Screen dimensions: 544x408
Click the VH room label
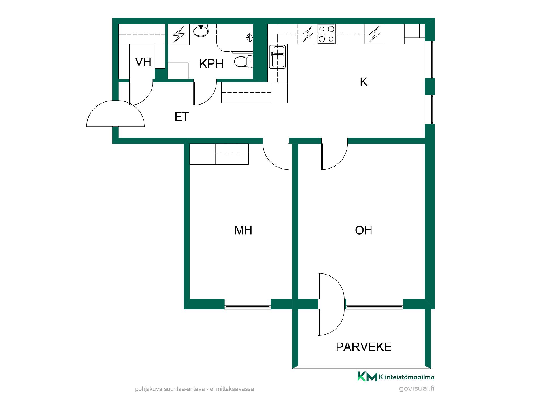143,62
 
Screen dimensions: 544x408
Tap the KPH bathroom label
211,64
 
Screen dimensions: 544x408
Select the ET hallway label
182,117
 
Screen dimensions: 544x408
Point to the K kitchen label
364,82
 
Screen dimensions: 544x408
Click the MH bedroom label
243,230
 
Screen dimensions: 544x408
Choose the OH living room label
364,230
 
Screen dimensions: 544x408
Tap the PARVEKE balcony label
364,347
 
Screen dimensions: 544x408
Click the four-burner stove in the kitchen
326,34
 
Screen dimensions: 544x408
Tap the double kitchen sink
278,57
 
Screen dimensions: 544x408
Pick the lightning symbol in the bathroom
179,34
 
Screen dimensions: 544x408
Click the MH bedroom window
248,304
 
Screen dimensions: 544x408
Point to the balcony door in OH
331,304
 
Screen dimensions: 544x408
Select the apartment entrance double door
115,114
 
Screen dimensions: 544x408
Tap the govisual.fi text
416,388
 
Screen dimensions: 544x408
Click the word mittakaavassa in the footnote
235,389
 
